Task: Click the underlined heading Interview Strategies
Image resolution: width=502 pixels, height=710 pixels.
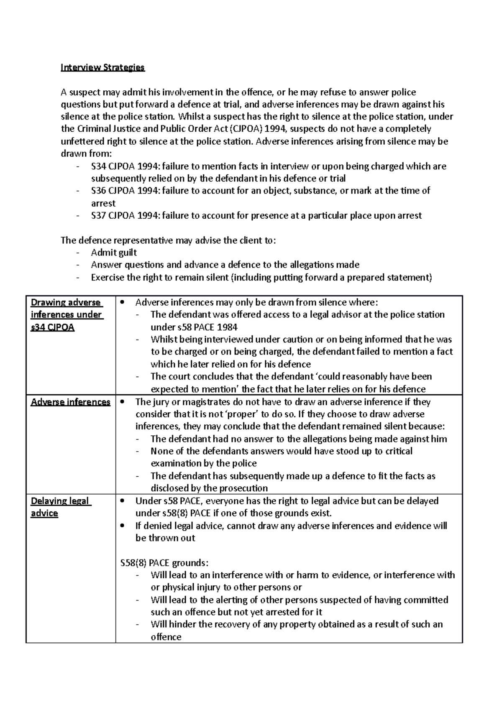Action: point(102,67)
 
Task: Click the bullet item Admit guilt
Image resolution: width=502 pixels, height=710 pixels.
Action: point(114,253)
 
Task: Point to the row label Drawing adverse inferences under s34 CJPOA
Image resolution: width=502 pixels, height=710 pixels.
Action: point(67,314)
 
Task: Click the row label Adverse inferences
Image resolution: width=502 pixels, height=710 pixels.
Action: point(70,402)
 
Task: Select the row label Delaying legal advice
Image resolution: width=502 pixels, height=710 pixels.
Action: point(61,507)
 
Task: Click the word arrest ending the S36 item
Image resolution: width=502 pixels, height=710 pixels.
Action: point(103,204)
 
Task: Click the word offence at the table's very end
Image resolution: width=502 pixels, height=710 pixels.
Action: point(166,637)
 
